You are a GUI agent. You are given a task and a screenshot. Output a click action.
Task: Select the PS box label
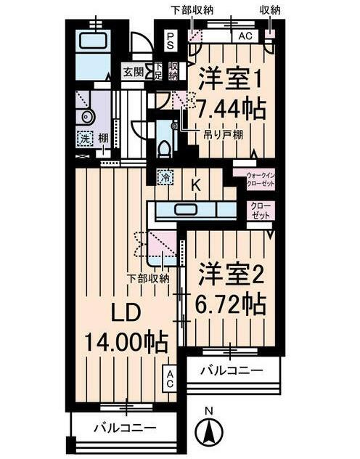pos(170,39)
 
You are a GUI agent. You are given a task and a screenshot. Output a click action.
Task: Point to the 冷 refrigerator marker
pos(165,176)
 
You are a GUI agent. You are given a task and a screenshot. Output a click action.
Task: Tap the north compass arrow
pos(208,434)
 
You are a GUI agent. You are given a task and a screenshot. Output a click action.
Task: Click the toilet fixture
pos(166,146)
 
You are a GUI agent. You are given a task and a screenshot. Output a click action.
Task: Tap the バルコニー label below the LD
pos(125,428)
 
